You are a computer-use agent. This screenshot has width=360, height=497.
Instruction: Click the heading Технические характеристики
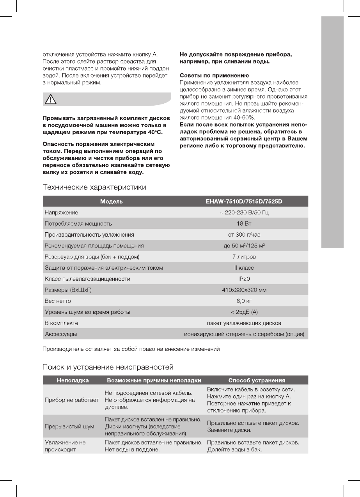click(94, 187)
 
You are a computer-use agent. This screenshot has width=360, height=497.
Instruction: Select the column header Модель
click(111, 202)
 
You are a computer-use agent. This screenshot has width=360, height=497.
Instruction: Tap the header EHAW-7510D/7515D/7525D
click(244, 202)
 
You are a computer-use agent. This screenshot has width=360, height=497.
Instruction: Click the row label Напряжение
click(61, 212)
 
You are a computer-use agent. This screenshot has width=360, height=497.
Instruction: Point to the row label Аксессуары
click(61, 334)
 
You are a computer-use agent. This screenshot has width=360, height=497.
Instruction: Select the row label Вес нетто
click(58, 301)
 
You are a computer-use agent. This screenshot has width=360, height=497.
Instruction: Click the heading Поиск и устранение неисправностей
click(108, 367)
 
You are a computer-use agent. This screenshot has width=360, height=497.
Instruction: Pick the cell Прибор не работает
click(72, 400)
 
